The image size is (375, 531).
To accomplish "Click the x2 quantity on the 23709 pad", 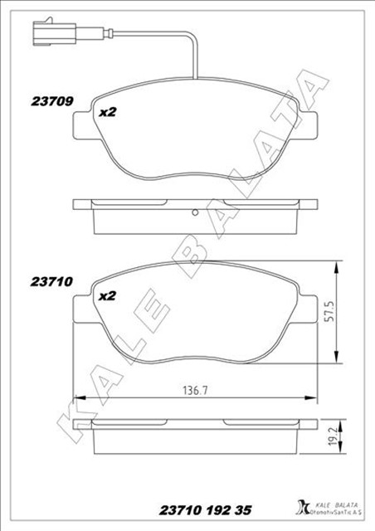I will pos(105,112).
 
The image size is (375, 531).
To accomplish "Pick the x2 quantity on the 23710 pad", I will pos(105,295).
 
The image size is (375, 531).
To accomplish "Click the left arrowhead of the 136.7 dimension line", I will pos(77,397).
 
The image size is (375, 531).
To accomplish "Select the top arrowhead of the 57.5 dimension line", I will pos(335,266).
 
